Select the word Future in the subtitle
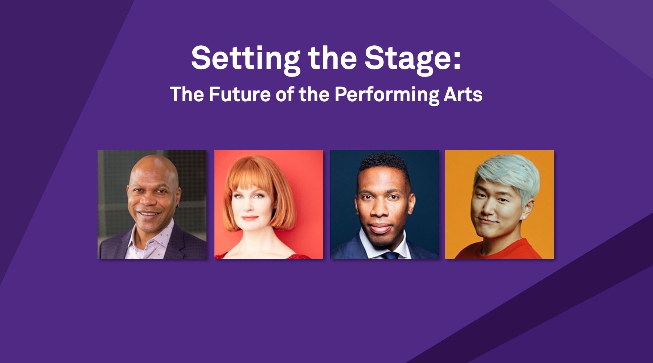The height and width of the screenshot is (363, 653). [x=239, y=94]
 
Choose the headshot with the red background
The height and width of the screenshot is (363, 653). [x=269, y=204]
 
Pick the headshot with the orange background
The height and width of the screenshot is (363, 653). [x=500, y=204]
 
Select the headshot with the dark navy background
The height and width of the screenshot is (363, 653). [x=385, y=204]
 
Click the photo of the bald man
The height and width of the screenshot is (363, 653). [x=152, y=204]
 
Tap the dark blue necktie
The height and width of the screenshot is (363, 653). [x=390, y=255]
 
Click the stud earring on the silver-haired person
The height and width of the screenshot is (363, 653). [x=523, y=217]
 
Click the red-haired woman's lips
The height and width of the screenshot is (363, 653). [x=249, y=218]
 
